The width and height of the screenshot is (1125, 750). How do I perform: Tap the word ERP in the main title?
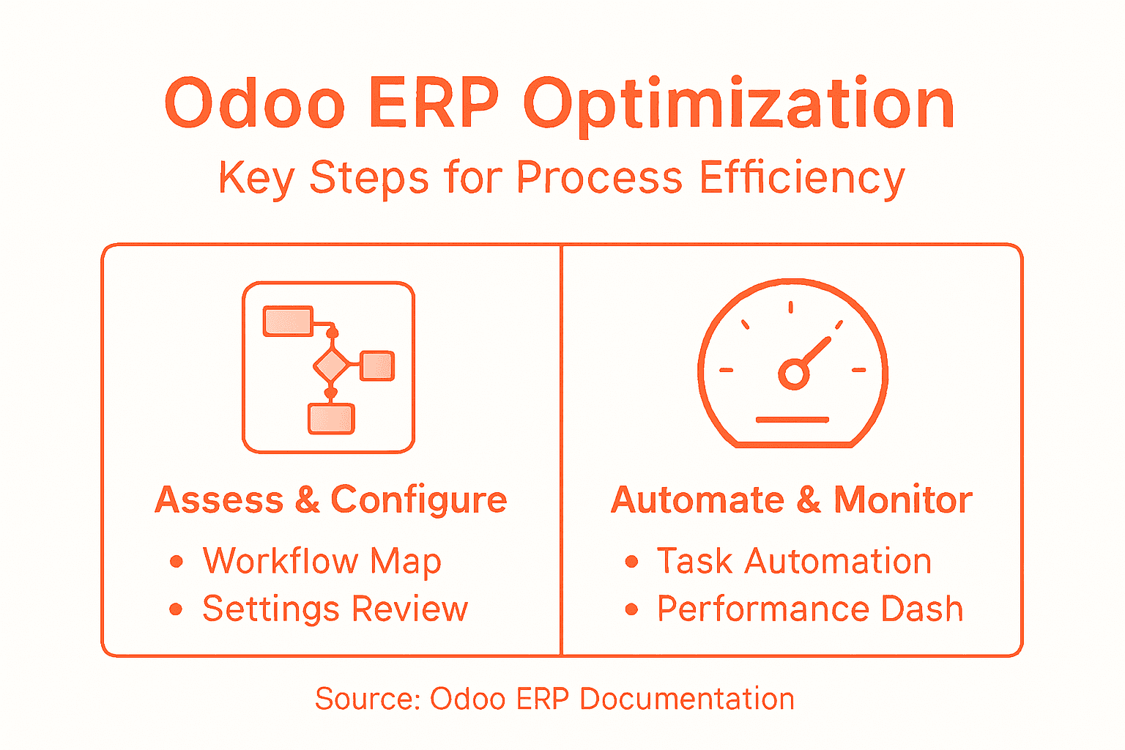pos(433,103)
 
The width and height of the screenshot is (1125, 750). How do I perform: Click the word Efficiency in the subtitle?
pos(802,178)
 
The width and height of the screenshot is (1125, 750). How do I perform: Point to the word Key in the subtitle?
pos(256,178)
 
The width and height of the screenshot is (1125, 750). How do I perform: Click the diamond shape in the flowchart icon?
pos(332,365)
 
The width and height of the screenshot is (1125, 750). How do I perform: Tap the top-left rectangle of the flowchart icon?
pos(288,322)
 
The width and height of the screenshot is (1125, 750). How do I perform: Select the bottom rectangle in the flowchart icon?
pos(331,419)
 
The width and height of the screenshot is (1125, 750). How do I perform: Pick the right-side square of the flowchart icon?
pos(377,365)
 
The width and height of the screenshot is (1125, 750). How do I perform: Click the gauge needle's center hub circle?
pos(792,374)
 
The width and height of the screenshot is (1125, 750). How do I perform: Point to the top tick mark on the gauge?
pos(790,307)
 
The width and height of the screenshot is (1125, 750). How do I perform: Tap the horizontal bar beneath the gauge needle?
pos(792,420)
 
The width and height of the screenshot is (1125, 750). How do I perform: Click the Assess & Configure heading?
pos(331,500)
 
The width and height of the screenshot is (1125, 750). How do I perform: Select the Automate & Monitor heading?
pos(791,500)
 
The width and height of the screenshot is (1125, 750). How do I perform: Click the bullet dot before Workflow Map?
pos(176,562)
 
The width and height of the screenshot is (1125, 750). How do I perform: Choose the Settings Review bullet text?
pos(335,609)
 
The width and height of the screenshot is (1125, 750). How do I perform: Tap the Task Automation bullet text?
pos(794,562)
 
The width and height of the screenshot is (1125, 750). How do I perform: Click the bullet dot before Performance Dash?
pos(631,609)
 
